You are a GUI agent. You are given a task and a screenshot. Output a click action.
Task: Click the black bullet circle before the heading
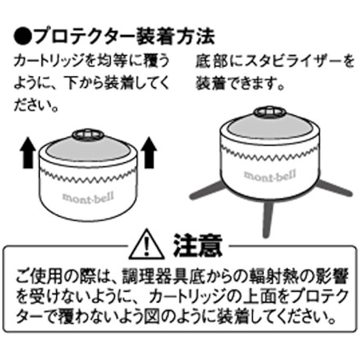[x=22, y=36]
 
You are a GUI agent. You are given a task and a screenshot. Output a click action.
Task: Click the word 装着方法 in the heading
[x=175, y=36]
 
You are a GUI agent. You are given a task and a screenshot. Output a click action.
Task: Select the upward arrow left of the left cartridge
[x=28, y=153]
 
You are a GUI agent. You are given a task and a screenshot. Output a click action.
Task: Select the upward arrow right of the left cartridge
[x=149, y=153]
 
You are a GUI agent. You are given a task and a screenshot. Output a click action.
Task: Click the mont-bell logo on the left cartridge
[x=88, y=198]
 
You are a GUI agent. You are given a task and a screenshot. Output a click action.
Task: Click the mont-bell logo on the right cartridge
[x=270, y=176]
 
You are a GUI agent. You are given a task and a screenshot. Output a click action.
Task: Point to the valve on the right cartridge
[x=270, y=112]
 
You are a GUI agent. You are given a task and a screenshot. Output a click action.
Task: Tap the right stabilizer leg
[x=334, y=188]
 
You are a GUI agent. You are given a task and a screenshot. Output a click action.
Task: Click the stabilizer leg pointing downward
[x=268, y=219]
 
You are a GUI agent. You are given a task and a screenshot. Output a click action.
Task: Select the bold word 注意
[x=198, y=245]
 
